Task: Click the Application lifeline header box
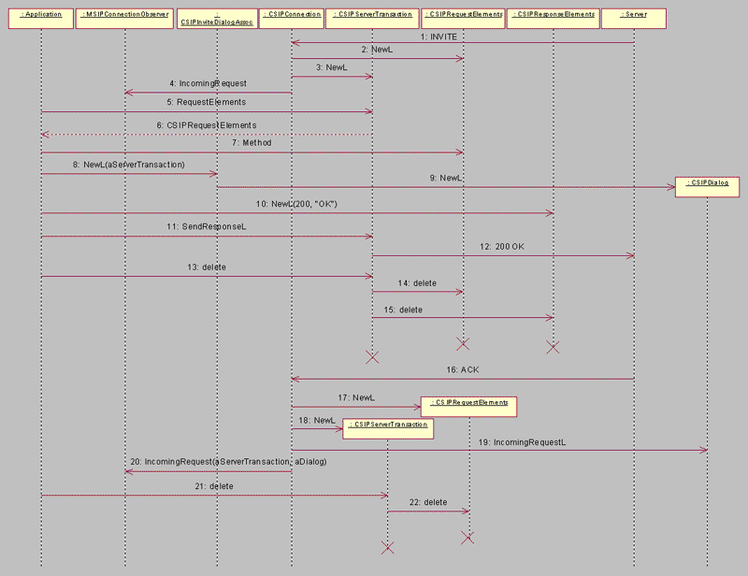tap(41, 16)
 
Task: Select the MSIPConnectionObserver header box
tap(124, 16)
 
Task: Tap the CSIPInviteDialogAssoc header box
tap(216, 19)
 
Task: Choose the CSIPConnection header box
tap(291, 16)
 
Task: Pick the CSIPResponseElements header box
tap(553, 16)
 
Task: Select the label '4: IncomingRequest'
tap(208, 84)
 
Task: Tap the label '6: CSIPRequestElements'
tap(206, 124)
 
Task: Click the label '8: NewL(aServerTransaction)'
tap(128, 165)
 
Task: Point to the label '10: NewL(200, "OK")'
tap(298, 205)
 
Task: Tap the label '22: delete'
tap(429, 503)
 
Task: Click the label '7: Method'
tap(251, 143)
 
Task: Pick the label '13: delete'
tap(208, 267)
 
